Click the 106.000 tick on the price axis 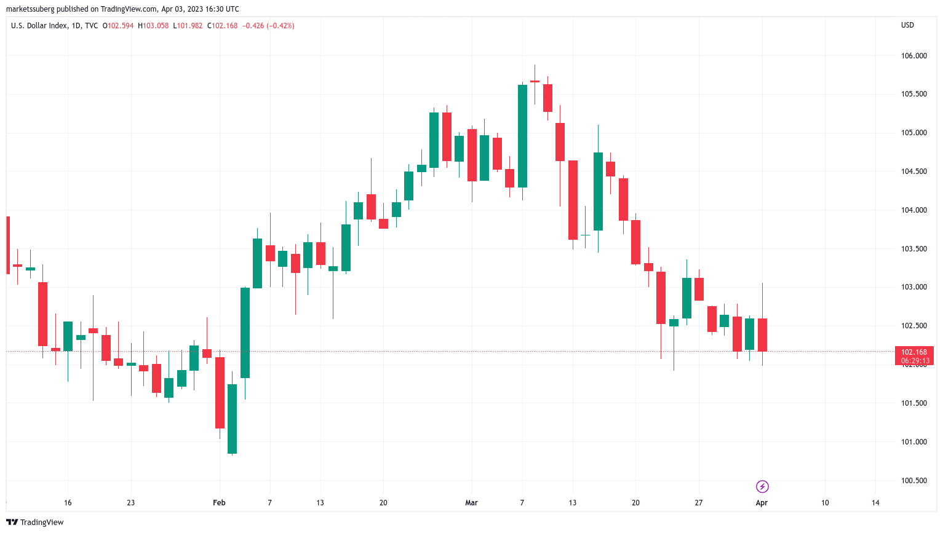click(913, 56)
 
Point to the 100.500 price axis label click(913, 481)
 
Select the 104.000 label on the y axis click(913, 210)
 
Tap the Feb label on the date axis click(219, 503)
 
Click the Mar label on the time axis click(471, 503)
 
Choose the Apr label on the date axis click(762, 503)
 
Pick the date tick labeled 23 click(130, 503)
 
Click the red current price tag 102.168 click(913, 352)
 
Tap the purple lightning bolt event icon click(762, 487)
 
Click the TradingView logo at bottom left click(35, 523)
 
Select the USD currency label click(907, 25)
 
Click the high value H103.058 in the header click(153, 26)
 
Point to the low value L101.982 click(188, 26)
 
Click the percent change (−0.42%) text click(281, 26)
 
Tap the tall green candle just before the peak click(522, 136)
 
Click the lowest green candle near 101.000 click(232, 419)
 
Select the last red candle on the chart click(762, 335)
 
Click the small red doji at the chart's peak click(535, 81)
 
